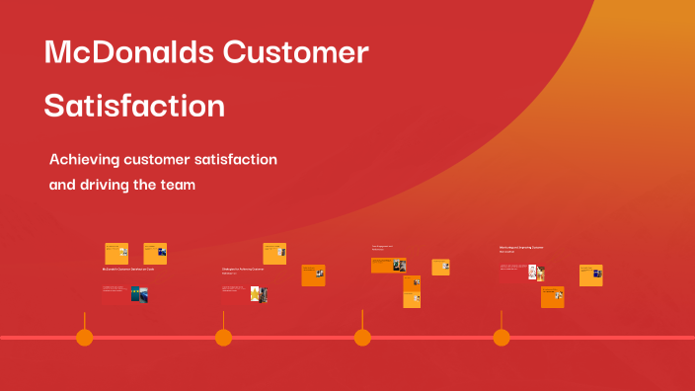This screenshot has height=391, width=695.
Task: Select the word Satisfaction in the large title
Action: (x=134, y=105)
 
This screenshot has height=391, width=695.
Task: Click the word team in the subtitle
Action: (x=176, y=185)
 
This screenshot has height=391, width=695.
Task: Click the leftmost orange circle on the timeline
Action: (x=85, y=338)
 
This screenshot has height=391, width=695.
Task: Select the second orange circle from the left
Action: (x=224, y=338)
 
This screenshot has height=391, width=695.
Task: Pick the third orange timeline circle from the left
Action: (x=362, y=338)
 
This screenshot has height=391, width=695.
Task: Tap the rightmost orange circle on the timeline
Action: (x=502, y=338)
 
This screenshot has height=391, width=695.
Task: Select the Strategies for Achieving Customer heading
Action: (x=243, y=269)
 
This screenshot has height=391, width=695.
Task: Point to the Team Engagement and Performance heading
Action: (x=383, y=247)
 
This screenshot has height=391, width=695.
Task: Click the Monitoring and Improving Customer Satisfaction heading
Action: (x=521, y=249)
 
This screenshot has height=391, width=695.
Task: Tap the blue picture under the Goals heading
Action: (x=140, y=294)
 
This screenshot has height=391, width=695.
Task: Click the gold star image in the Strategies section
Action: (x=255, y=294)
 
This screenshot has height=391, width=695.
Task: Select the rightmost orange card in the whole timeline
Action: (x=590, y=274)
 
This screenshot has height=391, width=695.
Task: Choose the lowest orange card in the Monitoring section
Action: (x=553, y=296)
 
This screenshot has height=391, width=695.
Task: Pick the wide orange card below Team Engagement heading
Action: (x=389, y=265)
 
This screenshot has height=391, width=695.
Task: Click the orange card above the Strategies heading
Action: (x=274, y=253)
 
